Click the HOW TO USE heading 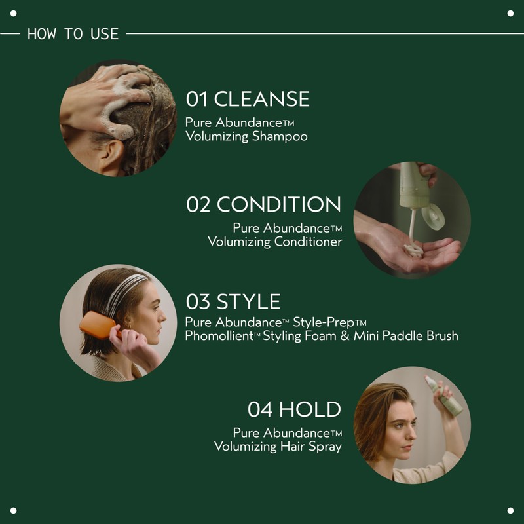click(73, 33)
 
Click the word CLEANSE click(261, 99)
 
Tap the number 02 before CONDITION click(198, 204)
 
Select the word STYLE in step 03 click(248, 301)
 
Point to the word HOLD click(310, 409)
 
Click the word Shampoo click(280, 137)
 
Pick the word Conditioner click(309, 242)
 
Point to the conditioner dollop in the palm click(413, 250)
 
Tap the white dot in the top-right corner click(510, 14)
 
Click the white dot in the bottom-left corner click(14, 510)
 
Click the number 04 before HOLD click(260, 409)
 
